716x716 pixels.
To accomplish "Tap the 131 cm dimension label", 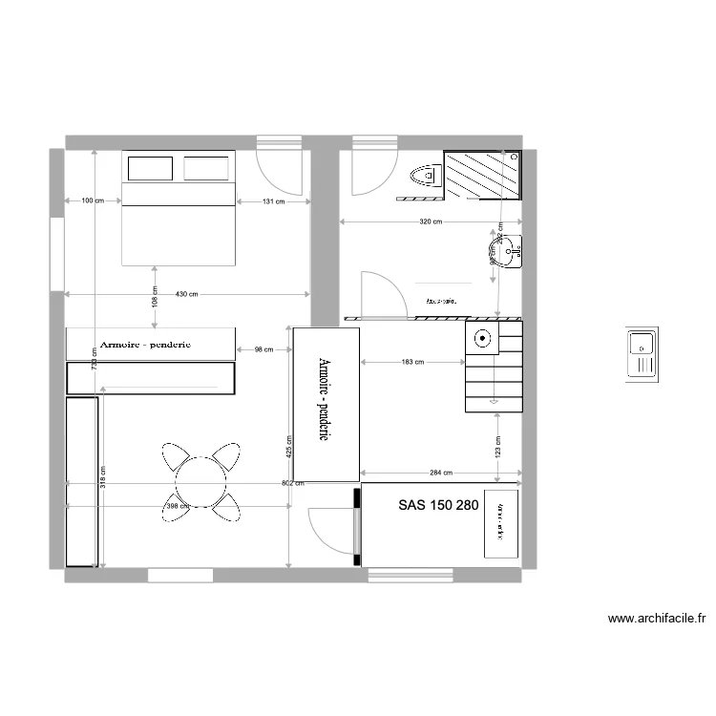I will click(x=274, y=200).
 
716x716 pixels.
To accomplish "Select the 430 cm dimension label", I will click(x=187, y=294).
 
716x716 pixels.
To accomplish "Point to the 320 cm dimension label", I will click(x=431, y=221).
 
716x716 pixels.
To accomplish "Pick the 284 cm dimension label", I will click(x=440, y=473).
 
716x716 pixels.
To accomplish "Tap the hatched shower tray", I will click(x=483, y=174).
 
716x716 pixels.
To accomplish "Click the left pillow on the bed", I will click(x=150, y=169).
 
